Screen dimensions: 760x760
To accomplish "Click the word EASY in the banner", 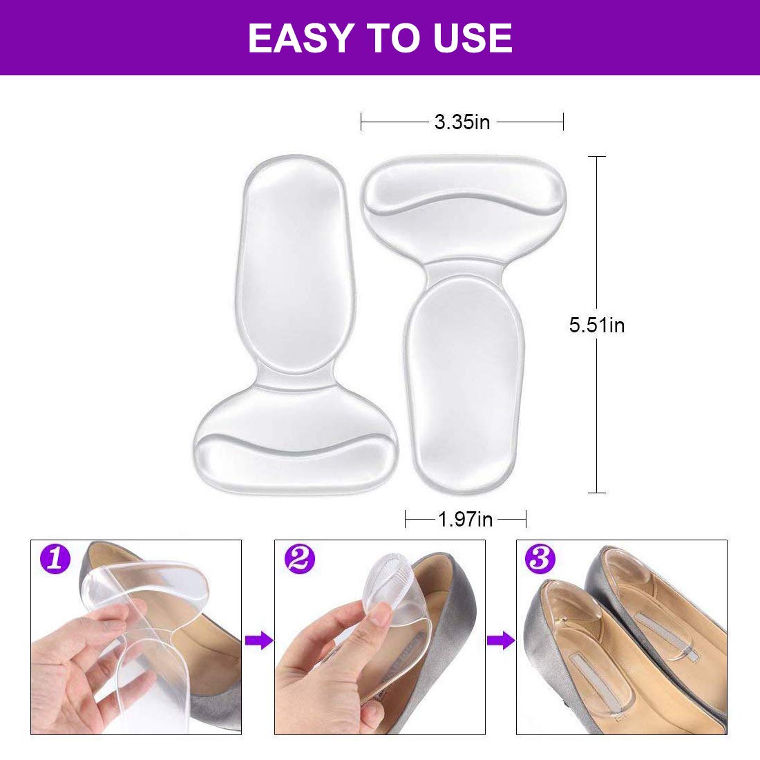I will pyautogui.click(x=303, y=38).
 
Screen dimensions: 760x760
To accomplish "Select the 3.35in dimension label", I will pyautogui.click(x=462, y=122).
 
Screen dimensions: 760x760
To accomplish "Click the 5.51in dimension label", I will pyautogui.click(x=597, y=325).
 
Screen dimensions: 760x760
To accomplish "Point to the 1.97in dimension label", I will pyautogui.click(x=466, y=518).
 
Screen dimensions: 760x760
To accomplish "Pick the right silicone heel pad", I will pyautogui.click(x=464, y=325).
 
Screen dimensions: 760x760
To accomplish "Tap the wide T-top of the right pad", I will pyautogui.click(x=464, y=190).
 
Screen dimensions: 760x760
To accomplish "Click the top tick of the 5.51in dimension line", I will pyautogui.click(x=597, y=157).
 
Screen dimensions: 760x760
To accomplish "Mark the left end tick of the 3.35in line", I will pyautogui.click(x=361, y=122).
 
